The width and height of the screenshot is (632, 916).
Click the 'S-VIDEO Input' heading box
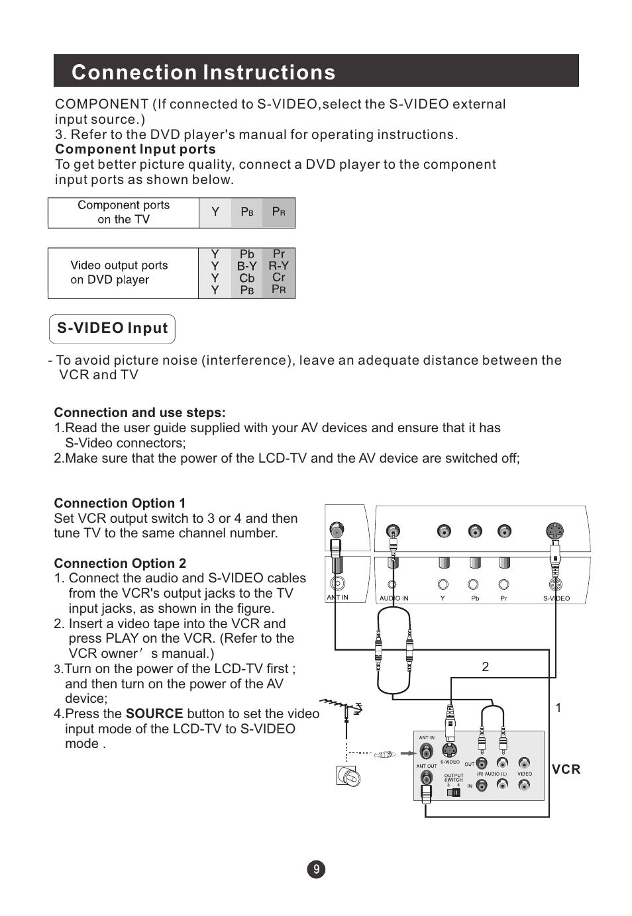tap(112, 329)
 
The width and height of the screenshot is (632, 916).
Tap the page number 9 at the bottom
tap(316, 870)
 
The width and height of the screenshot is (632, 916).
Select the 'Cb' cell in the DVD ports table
tap(247, 279)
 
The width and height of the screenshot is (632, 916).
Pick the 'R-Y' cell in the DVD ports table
tap(278, 266)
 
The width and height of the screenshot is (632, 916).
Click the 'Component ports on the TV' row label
tap(124, 212)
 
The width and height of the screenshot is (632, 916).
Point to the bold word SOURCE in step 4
tap(154, 713)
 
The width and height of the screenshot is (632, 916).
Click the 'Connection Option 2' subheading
tap(120, 563)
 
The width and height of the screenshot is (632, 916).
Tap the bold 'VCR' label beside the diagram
tap(566, 769)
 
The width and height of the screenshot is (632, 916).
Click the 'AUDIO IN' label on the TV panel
tap(394, 598)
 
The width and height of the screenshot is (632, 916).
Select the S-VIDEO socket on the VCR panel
tap(450, 751)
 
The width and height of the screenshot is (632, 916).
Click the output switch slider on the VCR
tap(453, 792)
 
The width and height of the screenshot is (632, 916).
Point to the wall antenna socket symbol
tap(348, 776)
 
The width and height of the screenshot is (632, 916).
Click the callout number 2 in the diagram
tap(486, 667)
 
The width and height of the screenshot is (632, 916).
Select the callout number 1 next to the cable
tap(558, 708)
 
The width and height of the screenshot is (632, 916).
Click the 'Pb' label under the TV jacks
tap(475, 598)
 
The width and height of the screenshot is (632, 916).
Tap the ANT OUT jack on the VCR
tap(426, 780)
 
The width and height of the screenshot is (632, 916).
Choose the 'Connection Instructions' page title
tap(203, 72)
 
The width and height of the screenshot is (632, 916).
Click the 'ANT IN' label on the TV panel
tap(337, 598)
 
